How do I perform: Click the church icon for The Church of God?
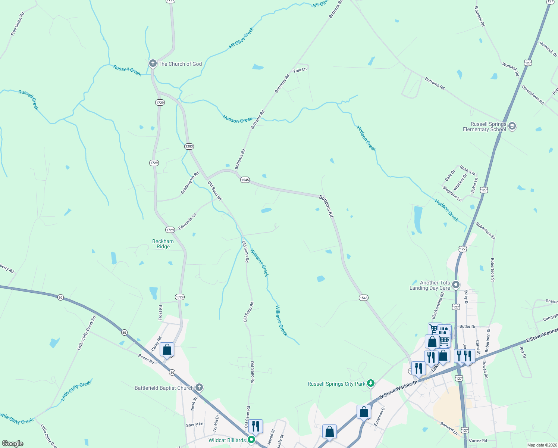pos(153,63)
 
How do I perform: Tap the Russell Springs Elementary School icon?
pos(512,126)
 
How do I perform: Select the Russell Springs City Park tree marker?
pos(370,383)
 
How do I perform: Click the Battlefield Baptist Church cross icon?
pos(199,387)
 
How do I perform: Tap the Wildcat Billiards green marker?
pos(251,440)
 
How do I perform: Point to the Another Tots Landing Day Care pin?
pos(456,285)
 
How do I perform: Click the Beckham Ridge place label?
pos(163,244)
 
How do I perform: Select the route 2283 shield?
pos(189,146)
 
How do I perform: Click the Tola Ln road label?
pos(300,70)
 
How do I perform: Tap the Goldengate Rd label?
pos(190,183)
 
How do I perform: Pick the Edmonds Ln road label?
pos(187,222)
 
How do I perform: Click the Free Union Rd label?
pos(17,24)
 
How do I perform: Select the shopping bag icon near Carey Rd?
pos(167,350)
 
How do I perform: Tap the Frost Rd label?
pos(161,312)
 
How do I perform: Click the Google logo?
pos(13,444)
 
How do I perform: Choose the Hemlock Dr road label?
pos(548,49)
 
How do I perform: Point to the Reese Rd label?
pos(146,359)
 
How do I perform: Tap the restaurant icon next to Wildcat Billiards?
pos(255,426)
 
